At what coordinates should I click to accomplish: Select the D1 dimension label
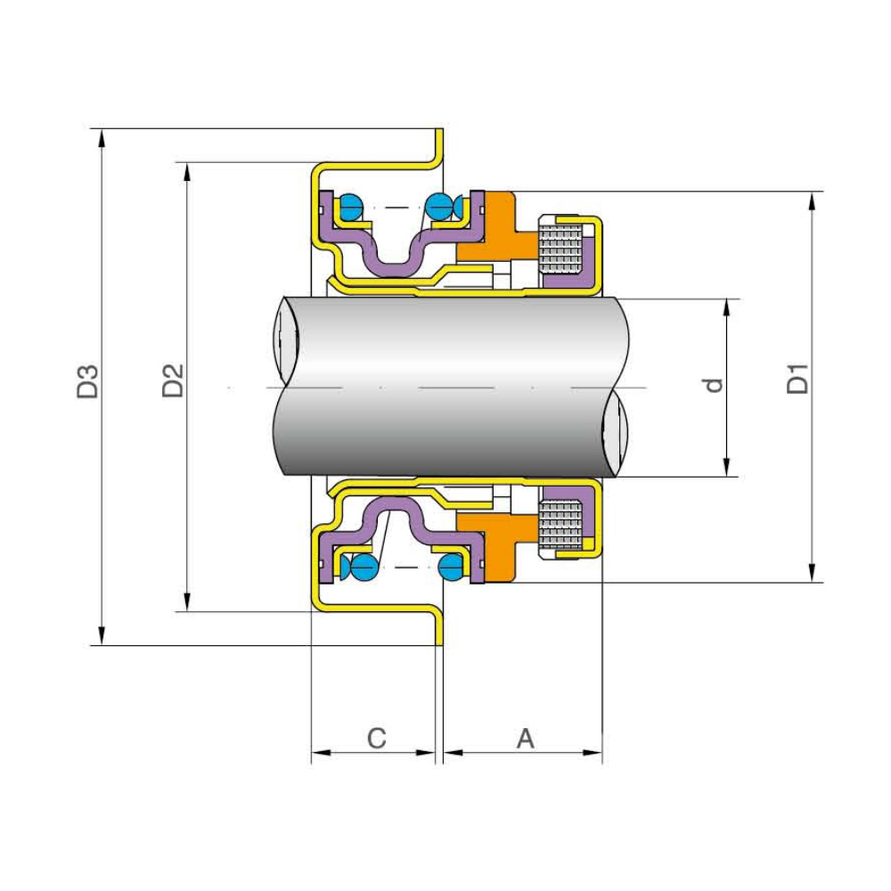click(x=798, y=378)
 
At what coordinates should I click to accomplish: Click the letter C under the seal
click(x=377, y=739)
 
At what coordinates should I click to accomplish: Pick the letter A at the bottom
click(x=526, y=739)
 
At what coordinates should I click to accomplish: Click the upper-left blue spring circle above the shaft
click(x=349, y=207)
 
